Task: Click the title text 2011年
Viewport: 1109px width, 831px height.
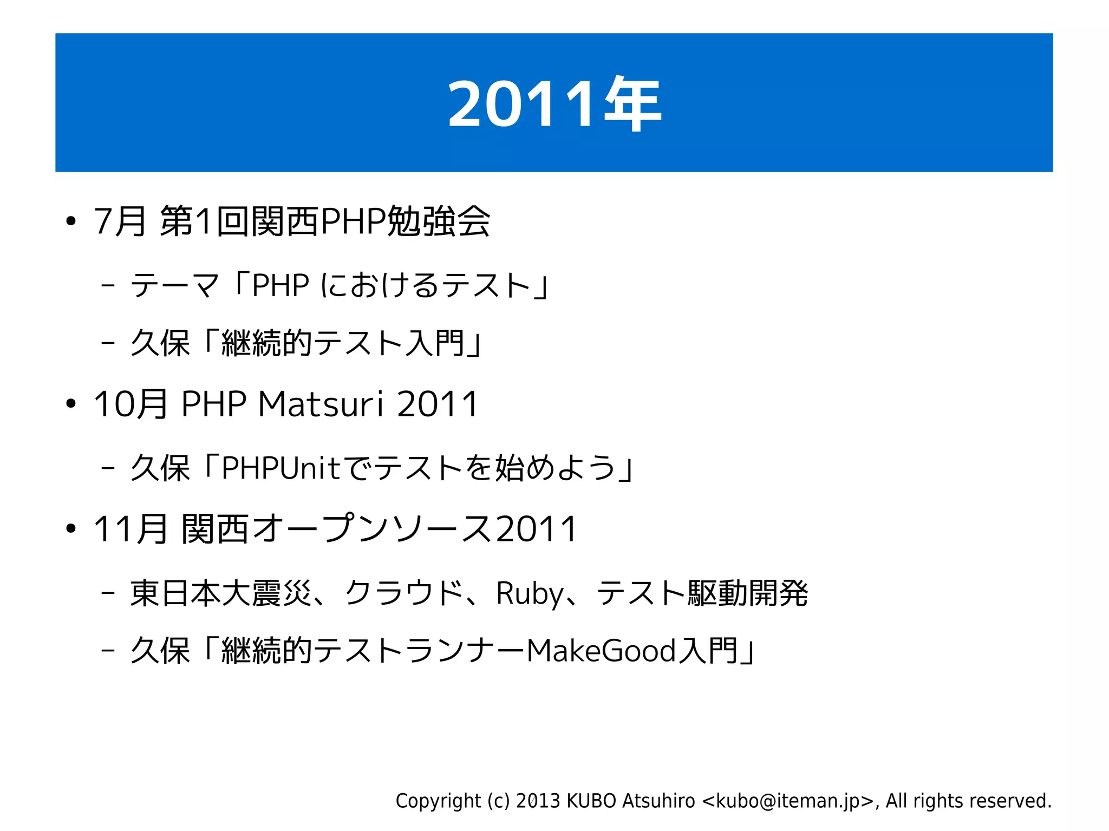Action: click(554, 103)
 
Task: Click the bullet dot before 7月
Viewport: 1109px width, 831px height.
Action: click(70, 221)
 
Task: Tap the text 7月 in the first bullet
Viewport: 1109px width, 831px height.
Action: click(120, 221)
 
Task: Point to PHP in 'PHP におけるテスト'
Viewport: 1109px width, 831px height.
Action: click(280, 285)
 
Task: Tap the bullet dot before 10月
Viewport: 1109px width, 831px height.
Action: click(70, 404)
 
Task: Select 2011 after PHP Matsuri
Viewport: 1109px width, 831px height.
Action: click(438, 404)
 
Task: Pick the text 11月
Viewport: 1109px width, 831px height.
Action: click(130, 529)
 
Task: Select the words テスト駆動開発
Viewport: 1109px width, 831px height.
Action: click(702, 593)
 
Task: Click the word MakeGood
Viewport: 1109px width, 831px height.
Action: click(601, 650)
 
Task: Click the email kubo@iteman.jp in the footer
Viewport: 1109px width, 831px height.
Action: click(788, 801)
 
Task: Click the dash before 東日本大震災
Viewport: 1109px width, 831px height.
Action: click(108, 593)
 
